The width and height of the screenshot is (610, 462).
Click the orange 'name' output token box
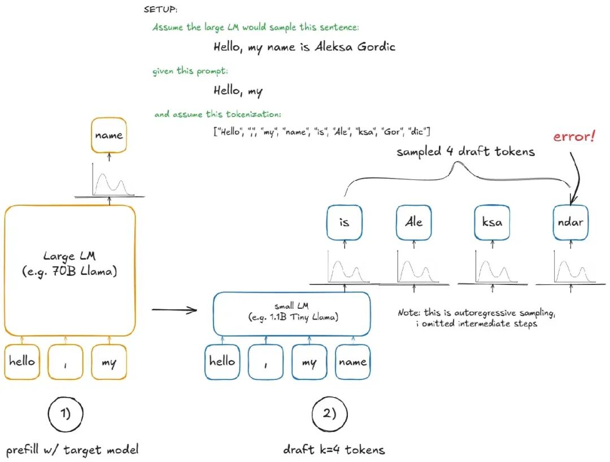point(109,135)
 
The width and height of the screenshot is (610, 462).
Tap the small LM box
point(292,314)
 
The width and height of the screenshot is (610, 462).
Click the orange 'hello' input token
point(22,362)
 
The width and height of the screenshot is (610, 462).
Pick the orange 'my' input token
point(109,362)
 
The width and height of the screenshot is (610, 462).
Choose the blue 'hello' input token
point(222,362)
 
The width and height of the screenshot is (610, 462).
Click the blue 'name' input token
point(353,362)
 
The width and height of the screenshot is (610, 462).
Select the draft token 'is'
point(345,222)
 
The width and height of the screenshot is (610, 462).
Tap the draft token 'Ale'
point(413,222)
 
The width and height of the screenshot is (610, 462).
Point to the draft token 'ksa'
point(492,222)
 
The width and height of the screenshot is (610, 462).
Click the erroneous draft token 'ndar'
point(570,222)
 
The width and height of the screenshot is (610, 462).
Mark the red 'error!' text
point(574,136)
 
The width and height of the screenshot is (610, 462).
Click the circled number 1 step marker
point(66,414)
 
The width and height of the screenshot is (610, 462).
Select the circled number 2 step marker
point(329,414)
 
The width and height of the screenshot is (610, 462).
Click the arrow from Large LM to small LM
point(175,310)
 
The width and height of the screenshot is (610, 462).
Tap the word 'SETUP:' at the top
point(160,10)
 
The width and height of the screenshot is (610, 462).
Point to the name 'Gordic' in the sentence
point(376,47)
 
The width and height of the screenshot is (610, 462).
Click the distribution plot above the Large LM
point(110,180)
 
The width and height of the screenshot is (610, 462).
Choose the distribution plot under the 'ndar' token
point(570,268)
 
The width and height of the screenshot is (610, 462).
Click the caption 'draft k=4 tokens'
point(334,450)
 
